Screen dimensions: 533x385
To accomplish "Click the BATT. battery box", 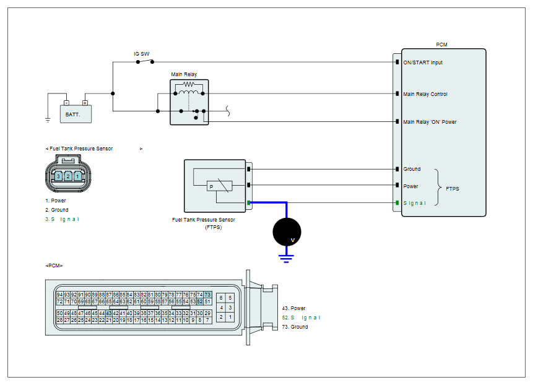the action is (76, 114).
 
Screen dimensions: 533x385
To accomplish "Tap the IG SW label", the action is (141, 54).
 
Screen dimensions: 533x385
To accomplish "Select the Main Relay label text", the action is (184, 74).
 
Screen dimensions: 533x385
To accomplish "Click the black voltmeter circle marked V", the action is (287, 231).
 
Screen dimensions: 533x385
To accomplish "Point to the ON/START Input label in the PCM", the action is (423, 63).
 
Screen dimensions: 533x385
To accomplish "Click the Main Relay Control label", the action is (425, 94).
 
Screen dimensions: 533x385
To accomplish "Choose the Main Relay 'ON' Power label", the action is (430, 122).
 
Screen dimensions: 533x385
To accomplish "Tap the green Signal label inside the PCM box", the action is (414, 203).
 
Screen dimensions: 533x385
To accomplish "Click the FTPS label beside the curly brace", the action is (453, 189).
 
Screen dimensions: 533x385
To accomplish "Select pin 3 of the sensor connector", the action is (58, 176).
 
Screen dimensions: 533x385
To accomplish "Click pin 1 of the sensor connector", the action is (77, 176).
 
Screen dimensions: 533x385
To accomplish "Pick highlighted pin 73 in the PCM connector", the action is (207, 295).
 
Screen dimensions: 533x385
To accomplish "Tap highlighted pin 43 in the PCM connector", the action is (109, 313).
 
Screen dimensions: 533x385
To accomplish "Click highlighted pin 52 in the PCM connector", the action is (200, 301).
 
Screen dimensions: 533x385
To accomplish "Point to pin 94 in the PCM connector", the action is (60, 295).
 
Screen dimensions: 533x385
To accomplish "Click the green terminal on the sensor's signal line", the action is (249, 203).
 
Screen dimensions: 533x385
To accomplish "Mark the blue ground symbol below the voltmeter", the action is (287, 259).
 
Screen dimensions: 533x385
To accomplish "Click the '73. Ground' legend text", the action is (295, 327).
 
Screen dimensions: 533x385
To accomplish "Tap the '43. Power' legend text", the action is (293, 308).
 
